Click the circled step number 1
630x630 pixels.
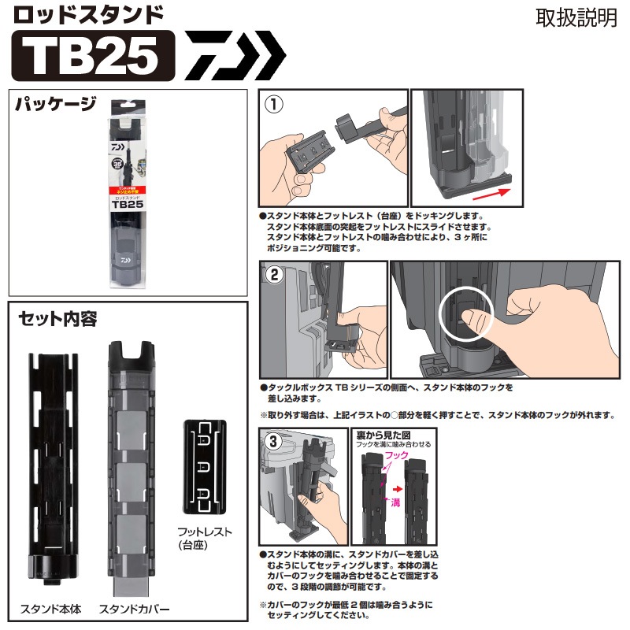(272, 103)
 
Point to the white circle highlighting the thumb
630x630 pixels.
(465, 317)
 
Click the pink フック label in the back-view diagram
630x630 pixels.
(400, 456)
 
